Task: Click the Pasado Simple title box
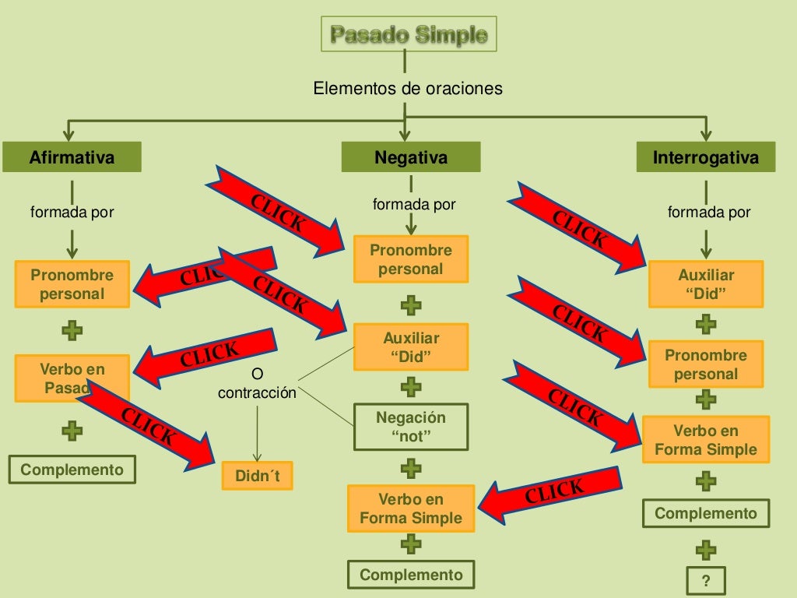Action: coord(409,34)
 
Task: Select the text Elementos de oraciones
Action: coord(408,89)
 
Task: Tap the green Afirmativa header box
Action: coord(72,158)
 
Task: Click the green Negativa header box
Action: coord(411,158)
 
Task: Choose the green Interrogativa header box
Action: coord(705,158)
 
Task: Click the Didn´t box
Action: coord(257,475)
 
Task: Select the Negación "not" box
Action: coord(411,427)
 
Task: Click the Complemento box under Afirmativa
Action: coord(72,470)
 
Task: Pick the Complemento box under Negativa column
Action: coord(411,575)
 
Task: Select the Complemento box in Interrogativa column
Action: coord(705,513)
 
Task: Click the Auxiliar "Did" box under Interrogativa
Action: coord(705,284)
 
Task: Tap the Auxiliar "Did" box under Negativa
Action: coord(411,347)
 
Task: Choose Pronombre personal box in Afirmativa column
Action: coord(72,284)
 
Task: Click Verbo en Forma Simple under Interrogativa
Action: coord(705,440)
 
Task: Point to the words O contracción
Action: coord(257,385)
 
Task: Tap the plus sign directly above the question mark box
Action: coord(705,551)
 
